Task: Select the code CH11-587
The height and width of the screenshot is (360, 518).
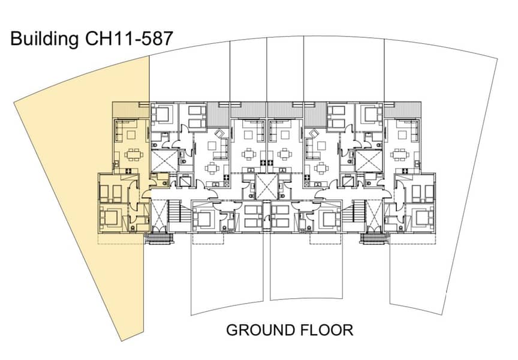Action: pos(129,38)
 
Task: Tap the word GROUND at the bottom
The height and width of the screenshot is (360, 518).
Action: pos(261,330)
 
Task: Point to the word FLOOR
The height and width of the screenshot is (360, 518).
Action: pos(327,330)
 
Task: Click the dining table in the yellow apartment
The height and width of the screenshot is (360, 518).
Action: pos(134,154)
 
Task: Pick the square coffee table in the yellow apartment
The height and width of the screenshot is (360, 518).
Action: pos(131,135)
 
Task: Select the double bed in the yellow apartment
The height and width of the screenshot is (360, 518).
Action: pos(109,218)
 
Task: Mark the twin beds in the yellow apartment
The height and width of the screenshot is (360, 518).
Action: pos(111,194)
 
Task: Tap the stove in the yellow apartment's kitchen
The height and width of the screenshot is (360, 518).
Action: pos(129,170)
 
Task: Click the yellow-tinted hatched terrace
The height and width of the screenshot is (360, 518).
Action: pos(131,110)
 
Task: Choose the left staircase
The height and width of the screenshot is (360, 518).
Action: pos(175,212)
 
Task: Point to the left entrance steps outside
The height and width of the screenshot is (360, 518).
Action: pos(159,239)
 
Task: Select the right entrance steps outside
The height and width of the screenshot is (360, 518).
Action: pos(374,239)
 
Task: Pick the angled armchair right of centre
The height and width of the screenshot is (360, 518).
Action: pos(312,134)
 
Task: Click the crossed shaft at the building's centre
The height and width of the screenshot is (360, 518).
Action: pos(267,187)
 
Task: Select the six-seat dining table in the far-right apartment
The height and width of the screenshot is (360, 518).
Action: pos(400,154)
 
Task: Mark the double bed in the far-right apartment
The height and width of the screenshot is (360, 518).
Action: pos(425,218)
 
